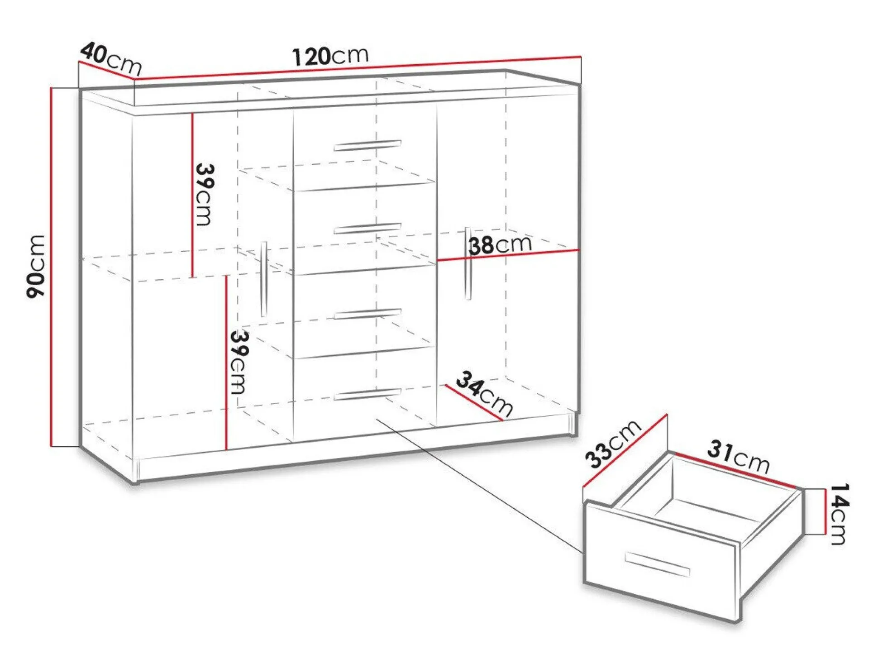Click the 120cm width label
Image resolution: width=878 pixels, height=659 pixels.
330,56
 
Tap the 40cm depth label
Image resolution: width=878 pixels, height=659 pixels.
111,58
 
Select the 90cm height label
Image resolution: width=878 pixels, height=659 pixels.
36,266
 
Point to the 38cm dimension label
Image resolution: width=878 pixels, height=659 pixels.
500,245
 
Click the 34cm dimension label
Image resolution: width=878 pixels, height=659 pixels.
484,393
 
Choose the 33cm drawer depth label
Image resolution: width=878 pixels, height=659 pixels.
613,444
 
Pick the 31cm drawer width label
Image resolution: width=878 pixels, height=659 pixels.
738,457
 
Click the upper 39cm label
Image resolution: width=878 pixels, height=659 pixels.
205,194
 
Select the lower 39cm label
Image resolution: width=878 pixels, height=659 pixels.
239,362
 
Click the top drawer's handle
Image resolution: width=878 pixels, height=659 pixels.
367,145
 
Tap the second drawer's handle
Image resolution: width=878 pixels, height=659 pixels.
367,229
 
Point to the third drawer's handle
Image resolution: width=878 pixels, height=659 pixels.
367,314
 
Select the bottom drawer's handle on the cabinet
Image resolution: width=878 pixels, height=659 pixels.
367,394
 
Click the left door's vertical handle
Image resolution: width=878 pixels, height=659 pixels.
264,279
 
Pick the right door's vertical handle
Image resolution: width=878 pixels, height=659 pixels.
468,263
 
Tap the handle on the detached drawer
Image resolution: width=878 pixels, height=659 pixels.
657,564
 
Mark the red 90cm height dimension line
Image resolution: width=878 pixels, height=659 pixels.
52,267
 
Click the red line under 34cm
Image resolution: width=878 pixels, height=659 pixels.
474,403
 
